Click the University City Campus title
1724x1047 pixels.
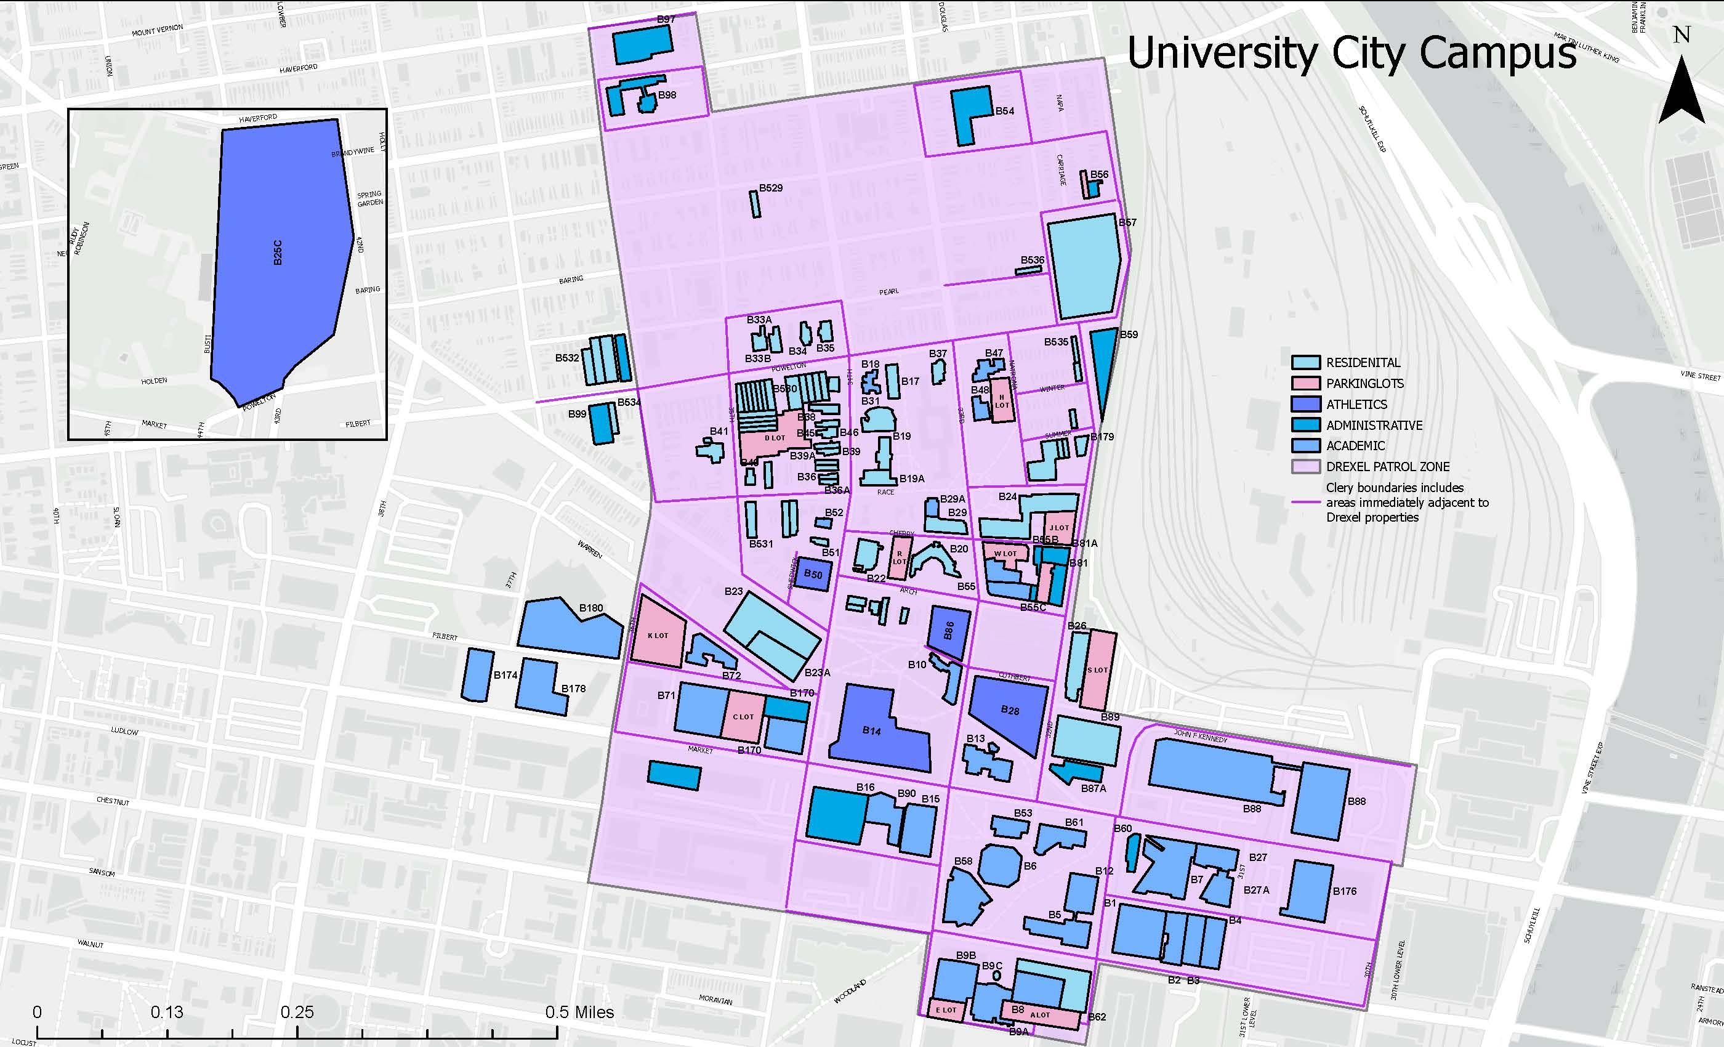[x=1351, y=52]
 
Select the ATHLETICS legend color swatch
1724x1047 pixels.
[x=1305, y=404]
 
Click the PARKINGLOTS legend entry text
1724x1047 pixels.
[x=1364, y=384]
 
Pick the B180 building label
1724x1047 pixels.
[x=590, y=608]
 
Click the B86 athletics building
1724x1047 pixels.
[x=949, y=631]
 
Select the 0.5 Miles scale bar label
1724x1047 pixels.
[x=579, y=1012]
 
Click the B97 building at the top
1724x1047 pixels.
[x=642, y=46]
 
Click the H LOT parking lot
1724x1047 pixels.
[x=1002, y=401]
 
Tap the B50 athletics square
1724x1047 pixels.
[x=813, y=574]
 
